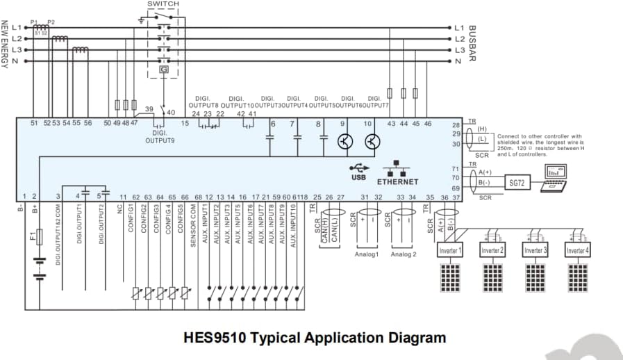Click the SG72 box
pyautogui.click(x=516, y=182)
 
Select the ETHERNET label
pyautogui.click(x=397, y=181)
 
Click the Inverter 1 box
pyautogui.click(x=450, y=250)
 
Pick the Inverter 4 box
pyautogui.click(x=577, y=250)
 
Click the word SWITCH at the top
pyautogui.click(x=163, y=4)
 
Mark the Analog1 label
pyautogui.click(x=367, y=254)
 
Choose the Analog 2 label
pyautogui.click(x=404, y=254)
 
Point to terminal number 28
pyautogui.click(x=456, y=124)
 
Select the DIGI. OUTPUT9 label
pyautogui.click(x=160, y=136)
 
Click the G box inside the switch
pyautogui.click(x=164, y=69)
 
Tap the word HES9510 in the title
pyautogui.click(x=214, y=338)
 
